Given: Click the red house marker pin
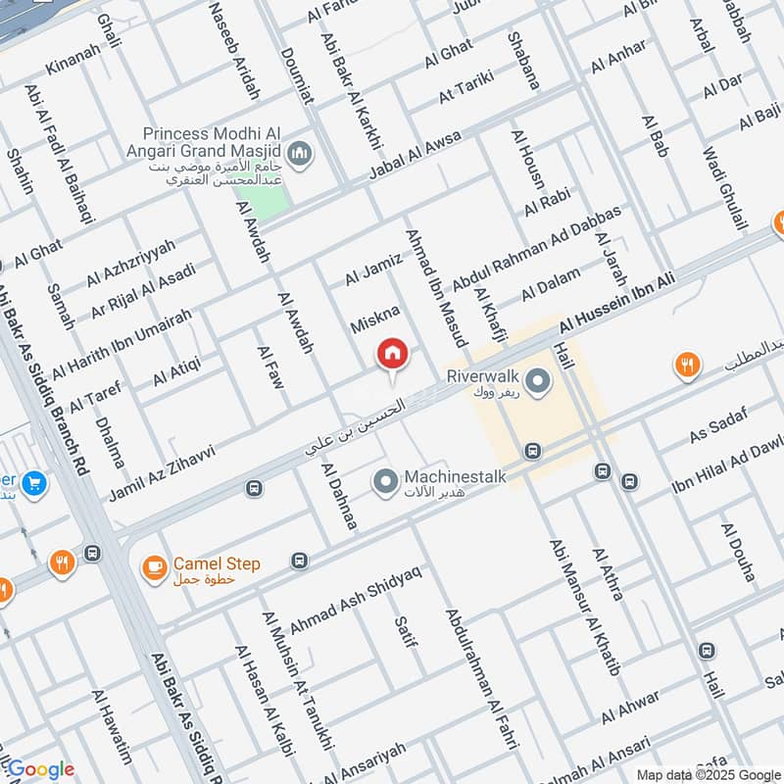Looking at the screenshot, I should pos(392,355).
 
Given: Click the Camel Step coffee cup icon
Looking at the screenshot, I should pos(153,567).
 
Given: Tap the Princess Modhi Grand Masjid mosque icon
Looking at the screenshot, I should pos(301,153).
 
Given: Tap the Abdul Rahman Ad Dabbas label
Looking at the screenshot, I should pos(535,249).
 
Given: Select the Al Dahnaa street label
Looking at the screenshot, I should pos(338,497).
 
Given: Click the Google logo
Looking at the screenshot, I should pos(40,769).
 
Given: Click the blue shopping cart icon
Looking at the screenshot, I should pos(34,483).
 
